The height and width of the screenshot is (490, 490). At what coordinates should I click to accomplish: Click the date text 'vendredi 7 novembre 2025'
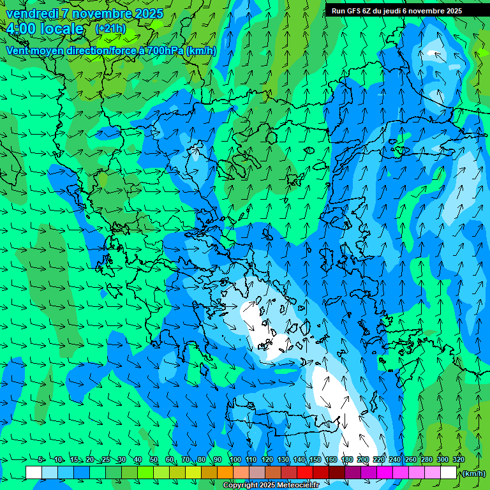[x=84, y=13]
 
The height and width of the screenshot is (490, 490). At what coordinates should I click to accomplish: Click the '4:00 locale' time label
[x=45, y=29]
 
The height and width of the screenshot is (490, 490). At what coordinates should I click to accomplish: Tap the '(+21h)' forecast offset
[x=110, y=29]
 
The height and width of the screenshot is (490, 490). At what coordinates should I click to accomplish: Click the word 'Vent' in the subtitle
[x=18, y=50]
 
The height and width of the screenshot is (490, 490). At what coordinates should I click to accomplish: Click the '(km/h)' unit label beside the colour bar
[x=473, y=473]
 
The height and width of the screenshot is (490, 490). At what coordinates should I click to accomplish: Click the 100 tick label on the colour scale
[x=235, y=459]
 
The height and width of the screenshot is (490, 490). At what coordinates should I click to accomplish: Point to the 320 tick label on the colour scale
[x=458, y=459]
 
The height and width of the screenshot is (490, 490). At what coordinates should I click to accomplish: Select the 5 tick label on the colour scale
[x=41, y=459]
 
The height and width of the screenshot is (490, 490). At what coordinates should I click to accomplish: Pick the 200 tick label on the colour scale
[x=362, y=459]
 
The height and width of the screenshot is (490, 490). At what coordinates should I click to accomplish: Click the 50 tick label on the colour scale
[x=154, y=459]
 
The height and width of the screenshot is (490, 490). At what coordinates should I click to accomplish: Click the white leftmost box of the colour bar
[x=34, y=473]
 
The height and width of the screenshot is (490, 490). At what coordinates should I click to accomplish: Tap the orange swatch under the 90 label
[x=225, y=473]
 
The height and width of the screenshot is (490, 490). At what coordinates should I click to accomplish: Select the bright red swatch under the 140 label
[x=305, y=473]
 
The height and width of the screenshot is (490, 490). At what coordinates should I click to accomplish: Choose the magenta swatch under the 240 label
[x=401, y=473]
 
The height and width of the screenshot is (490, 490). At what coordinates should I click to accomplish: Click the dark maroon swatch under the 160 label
[x=337, y=473]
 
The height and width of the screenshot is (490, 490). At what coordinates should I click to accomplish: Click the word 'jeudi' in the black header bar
[x=403, y=11]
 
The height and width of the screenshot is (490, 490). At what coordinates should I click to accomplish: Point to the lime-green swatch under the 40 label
[x=145, y=473]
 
